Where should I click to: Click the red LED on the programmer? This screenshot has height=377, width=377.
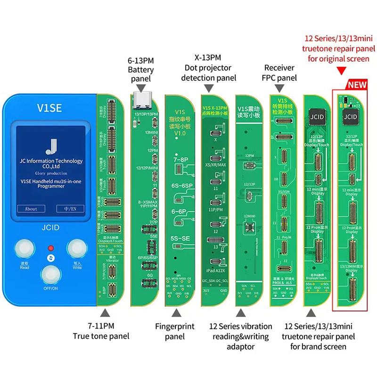point(49,248)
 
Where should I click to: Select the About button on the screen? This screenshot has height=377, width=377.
point(31,209)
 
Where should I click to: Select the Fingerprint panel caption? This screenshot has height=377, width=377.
point(175,331)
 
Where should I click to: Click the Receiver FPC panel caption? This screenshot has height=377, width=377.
point(280,73)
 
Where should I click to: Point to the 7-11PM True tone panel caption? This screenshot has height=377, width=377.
point(100,331)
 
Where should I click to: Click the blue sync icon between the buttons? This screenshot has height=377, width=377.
point(49,259)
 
